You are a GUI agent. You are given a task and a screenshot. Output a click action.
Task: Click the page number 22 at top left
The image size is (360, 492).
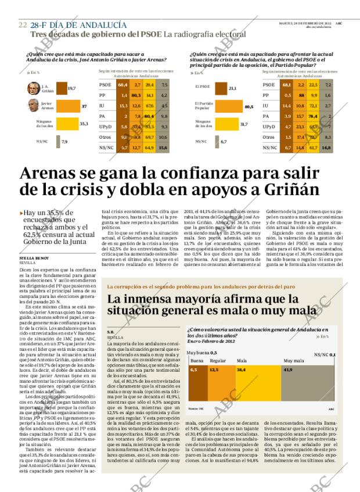[23, 25]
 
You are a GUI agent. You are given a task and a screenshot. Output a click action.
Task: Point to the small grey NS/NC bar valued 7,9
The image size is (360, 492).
[57, 141]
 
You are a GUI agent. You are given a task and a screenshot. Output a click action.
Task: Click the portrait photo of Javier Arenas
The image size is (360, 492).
[33, 106]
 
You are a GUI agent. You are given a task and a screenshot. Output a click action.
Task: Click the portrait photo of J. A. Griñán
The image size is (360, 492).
[33, 88]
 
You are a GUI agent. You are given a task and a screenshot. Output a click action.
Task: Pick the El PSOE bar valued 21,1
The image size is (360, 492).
[221, 88]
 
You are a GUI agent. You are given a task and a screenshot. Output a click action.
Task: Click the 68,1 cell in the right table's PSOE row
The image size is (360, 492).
[286, 85]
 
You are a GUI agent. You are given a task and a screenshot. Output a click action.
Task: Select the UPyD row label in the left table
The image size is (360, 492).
[106, 127]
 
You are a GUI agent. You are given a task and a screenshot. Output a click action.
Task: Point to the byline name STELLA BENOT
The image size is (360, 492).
[34, 257]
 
